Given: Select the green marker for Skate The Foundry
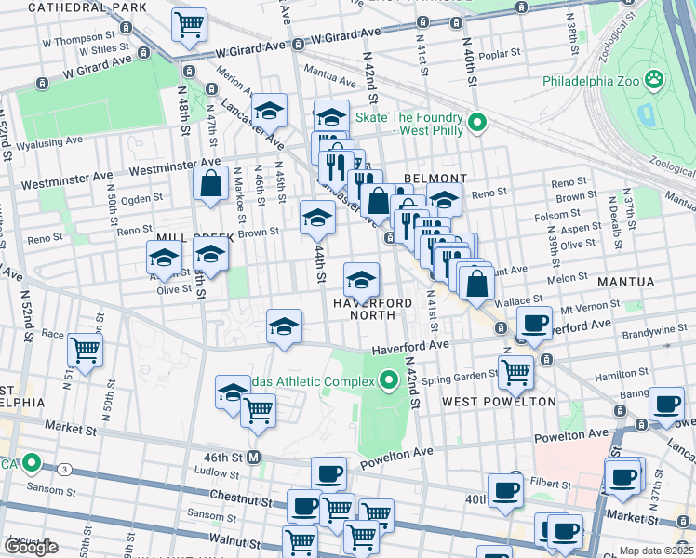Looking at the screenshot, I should coord(477,123).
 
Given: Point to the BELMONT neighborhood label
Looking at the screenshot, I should coord(435,179).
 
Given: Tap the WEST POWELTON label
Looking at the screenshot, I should coord(499,402).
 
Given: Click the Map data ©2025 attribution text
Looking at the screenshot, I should coord(655,551).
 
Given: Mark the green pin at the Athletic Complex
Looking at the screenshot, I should coord(389,379).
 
